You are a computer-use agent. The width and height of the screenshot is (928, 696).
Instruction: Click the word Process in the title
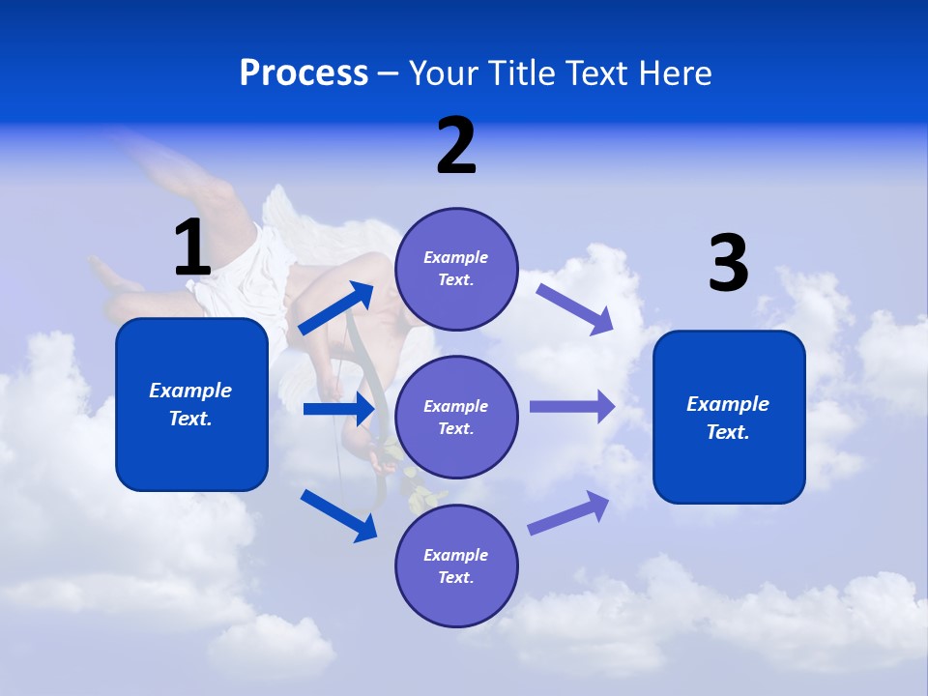[x=304, y=73]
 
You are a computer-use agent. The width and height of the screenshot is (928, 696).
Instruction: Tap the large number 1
[x=192, y=248]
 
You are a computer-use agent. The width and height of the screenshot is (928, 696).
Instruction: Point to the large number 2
[x=456, y=146]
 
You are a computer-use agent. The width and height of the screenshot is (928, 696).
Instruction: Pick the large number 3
[x=728, y=264]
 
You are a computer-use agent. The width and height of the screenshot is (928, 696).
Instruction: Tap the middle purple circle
[x=456, y=417]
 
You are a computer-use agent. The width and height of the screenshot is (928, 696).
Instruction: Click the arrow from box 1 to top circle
[x=336, y=308]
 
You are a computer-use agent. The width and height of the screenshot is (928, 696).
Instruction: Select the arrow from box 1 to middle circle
[x=338, y=409]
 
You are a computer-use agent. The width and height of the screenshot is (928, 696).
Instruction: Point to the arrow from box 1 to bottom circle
[x=338, y=514]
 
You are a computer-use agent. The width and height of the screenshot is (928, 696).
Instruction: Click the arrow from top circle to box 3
[x=574, y=309]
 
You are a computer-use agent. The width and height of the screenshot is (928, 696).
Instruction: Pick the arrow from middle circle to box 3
[x=571, y=406]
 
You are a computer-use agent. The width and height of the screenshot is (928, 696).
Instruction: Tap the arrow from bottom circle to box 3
[x=568, y=512]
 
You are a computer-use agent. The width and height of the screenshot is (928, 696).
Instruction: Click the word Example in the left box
[x=190, y=391]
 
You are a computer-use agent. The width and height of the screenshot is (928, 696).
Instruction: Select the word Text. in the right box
[x=728, y=432]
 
